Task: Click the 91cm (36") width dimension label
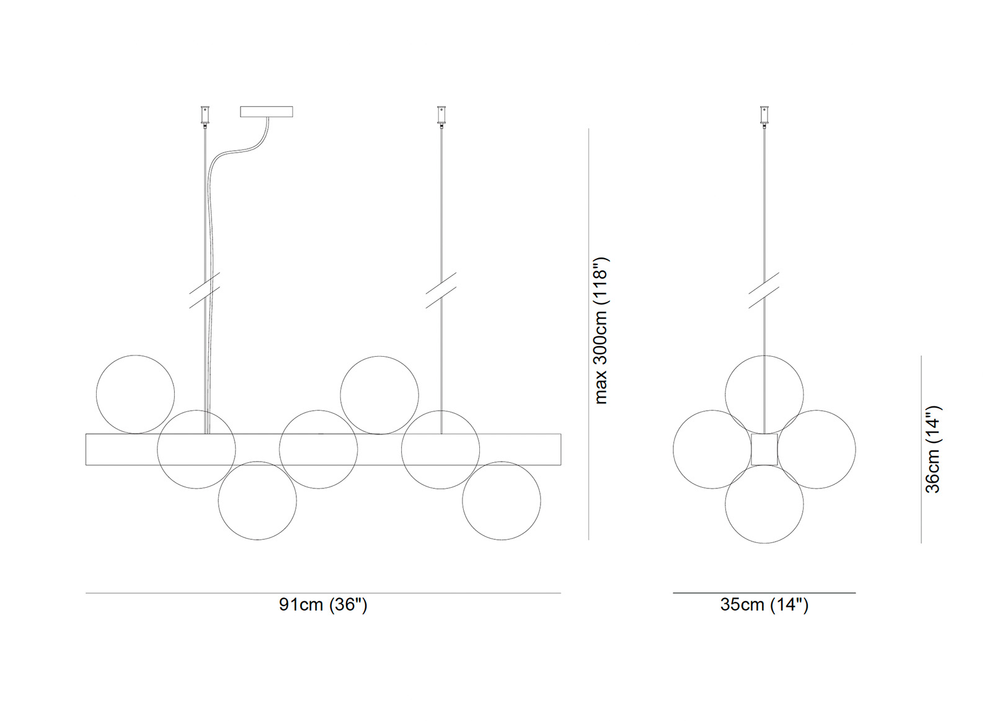323,604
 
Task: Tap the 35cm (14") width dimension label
764,604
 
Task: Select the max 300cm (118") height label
601,330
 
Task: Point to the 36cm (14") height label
933,449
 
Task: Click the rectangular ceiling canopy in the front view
267,112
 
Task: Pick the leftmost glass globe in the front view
136,395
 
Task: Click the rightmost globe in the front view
502,501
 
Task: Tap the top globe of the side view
764,395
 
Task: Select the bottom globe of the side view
764,504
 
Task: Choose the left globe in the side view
712,449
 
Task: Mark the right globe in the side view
817,449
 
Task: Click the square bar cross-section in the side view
764,449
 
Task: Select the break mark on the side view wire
764,290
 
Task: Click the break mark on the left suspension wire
205,290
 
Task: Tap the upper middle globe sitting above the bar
379,395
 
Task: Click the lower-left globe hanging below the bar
257,501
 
